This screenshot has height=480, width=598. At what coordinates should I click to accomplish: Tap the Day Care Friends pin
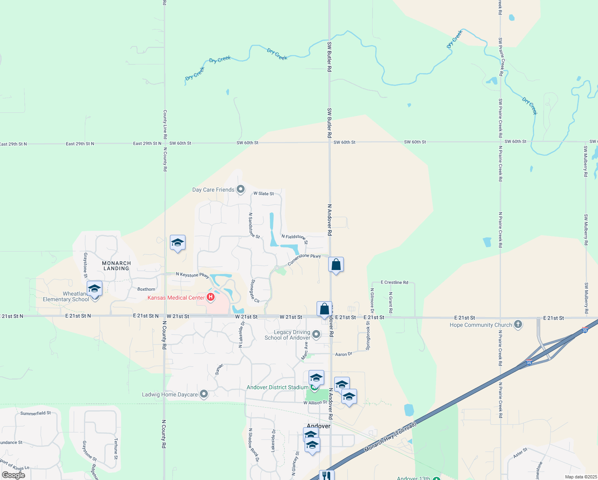(241, 189)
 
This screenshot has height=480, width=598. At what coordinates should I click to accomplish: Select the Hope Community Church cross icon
(518, 324)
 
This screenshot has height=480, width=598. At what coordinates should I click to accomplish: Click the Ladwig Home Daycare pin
(204, 394)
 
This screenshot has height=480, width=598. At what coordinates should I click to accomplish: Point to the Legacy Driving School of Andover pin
(316, 334)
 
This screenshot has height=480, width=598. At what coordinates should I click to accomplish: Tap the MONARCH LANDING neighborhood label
(116, 266)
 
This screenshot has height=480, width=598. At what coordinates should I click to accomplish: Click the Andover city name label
(319, 426)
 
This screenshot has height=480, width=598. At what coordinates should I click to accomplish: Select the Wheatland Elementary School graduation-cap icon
(94, 288)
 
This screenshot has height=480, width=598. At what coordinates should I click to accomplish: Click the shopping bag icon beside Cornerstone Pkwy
(336, 264)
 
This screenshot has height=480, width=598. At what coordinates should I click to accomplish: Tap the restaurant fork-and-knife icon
(327, 476)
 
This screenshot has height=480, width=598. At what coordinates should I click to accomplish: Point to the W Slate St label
(263, 194)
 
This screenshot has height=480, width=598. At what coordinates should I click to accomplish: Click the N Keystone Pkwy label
(193, 275)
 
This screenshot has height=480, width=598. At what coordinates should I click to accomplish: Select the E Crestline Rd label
(394, 282)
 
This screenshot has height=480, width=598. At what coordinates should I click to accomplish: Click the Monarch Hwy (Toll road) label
(390, 437)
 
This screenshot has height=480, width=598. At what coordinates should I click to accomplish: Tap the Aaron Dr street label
(343, 354)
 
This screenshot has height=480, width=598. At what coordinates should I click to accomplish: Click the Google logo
(14, 475)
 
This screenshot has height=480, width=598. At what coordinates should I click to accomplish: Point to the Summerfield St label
(36, 413)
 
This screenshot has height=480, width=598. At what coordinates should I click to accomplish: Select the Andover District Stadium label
(277, 387)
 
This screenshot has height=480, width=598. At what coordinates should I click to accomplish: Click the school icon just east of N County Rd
(177, 242)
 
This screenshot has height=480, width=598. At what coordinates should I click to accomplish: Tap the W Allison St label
(315, 403)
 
